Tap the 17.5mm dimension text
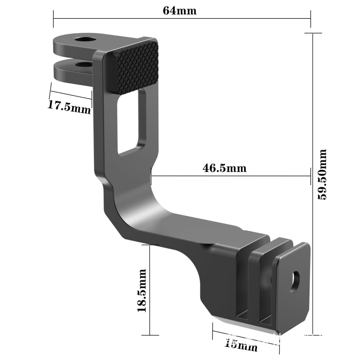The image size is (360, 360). (69, 106)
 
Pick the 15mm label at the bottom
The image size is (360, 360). (240, 345)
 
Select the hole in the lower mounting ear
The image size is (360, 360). (84, 63)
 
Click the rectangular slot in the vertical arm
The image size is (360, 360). (130, 122)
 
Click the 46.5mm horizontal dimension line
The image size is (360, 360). (230, 176)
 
